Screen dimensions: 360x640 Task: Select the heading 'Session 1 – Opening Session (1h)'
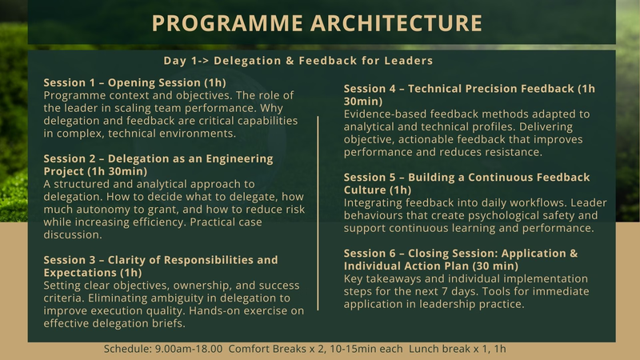point(134,82)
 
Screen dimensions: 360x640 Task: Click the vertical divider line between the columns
point(318,213)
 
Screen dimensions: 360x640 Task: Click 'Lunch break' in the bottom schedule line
point(438,350)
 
